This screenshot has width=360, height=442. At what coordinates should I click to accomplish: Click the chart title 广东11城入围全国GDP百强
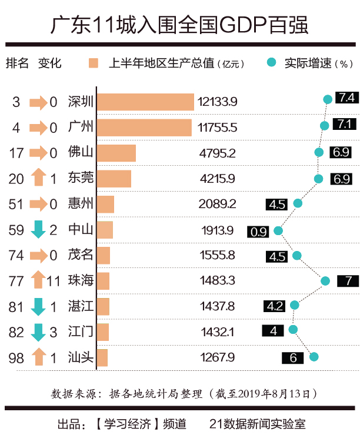[x=179, y=25]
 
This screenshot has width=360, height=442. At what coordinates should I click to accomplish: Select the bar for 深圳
[x=145, y=102]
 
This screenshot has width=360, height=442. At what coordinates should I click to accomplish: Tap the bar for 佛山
[x=116, y=153]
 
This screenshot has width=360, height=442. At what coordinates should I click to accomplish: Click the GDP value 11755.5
[x=218, y=128]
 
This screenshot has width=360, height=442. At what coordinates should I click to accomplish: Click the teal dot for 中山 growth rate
[x=278, y=230]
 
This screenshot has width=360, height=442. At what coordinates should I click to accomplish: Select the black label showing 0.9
[x=259, y=232]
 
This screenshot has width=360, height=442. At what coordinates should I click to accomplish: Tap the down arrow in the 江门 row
[x=38, y=332]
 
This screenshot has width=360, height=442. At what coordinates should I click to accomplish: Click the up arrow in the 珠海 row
[x=38, y=280]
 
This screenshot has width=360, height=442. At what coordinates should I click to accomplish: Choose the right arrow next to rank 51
[x=38, y=204]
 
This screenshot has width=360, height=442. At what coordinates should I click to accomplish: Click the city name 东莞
[x=81, y=178]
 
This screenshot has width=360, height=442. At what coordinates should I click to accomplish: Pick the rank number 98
[x=17, y=357]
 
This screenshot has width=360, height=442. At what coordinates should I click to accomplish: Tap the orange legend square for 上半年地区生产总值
[x=93, y=63]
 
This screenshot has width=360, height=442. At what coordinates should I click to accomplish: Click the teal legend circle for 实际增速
[x=271, y=62]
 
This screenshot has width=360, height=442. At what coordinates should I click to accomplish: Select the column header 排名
[x=17, y=63]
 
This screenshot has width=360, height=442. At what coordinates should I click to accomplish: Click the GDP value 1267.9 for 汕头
[x=218, y=357]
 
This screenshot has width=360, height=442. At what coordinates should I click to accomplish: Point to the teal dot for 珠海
[x=325, y=280]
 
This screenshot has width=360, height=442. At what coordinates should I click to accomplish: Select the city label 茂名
[x=81, y=255]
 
